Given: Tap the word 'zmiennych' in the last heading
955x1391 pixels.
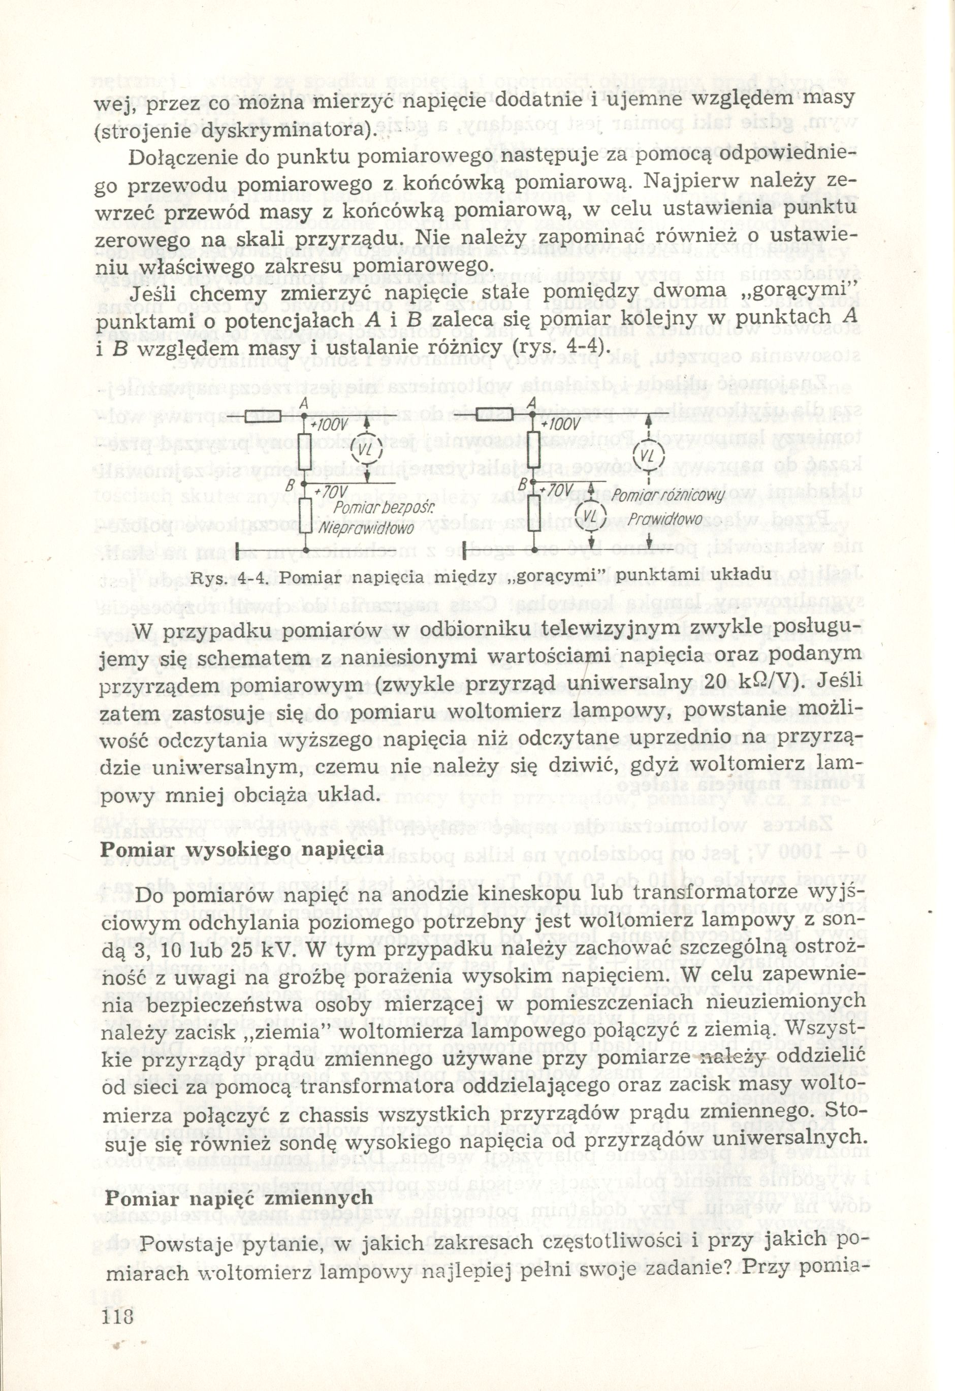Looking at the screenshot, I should click(315, 1181).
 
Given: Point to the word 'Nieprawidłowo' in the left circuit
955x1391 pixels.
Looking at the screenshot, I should click(366, 529).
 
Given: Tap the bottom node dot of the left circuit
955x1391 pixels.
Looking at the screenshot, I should click(305, 548).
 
